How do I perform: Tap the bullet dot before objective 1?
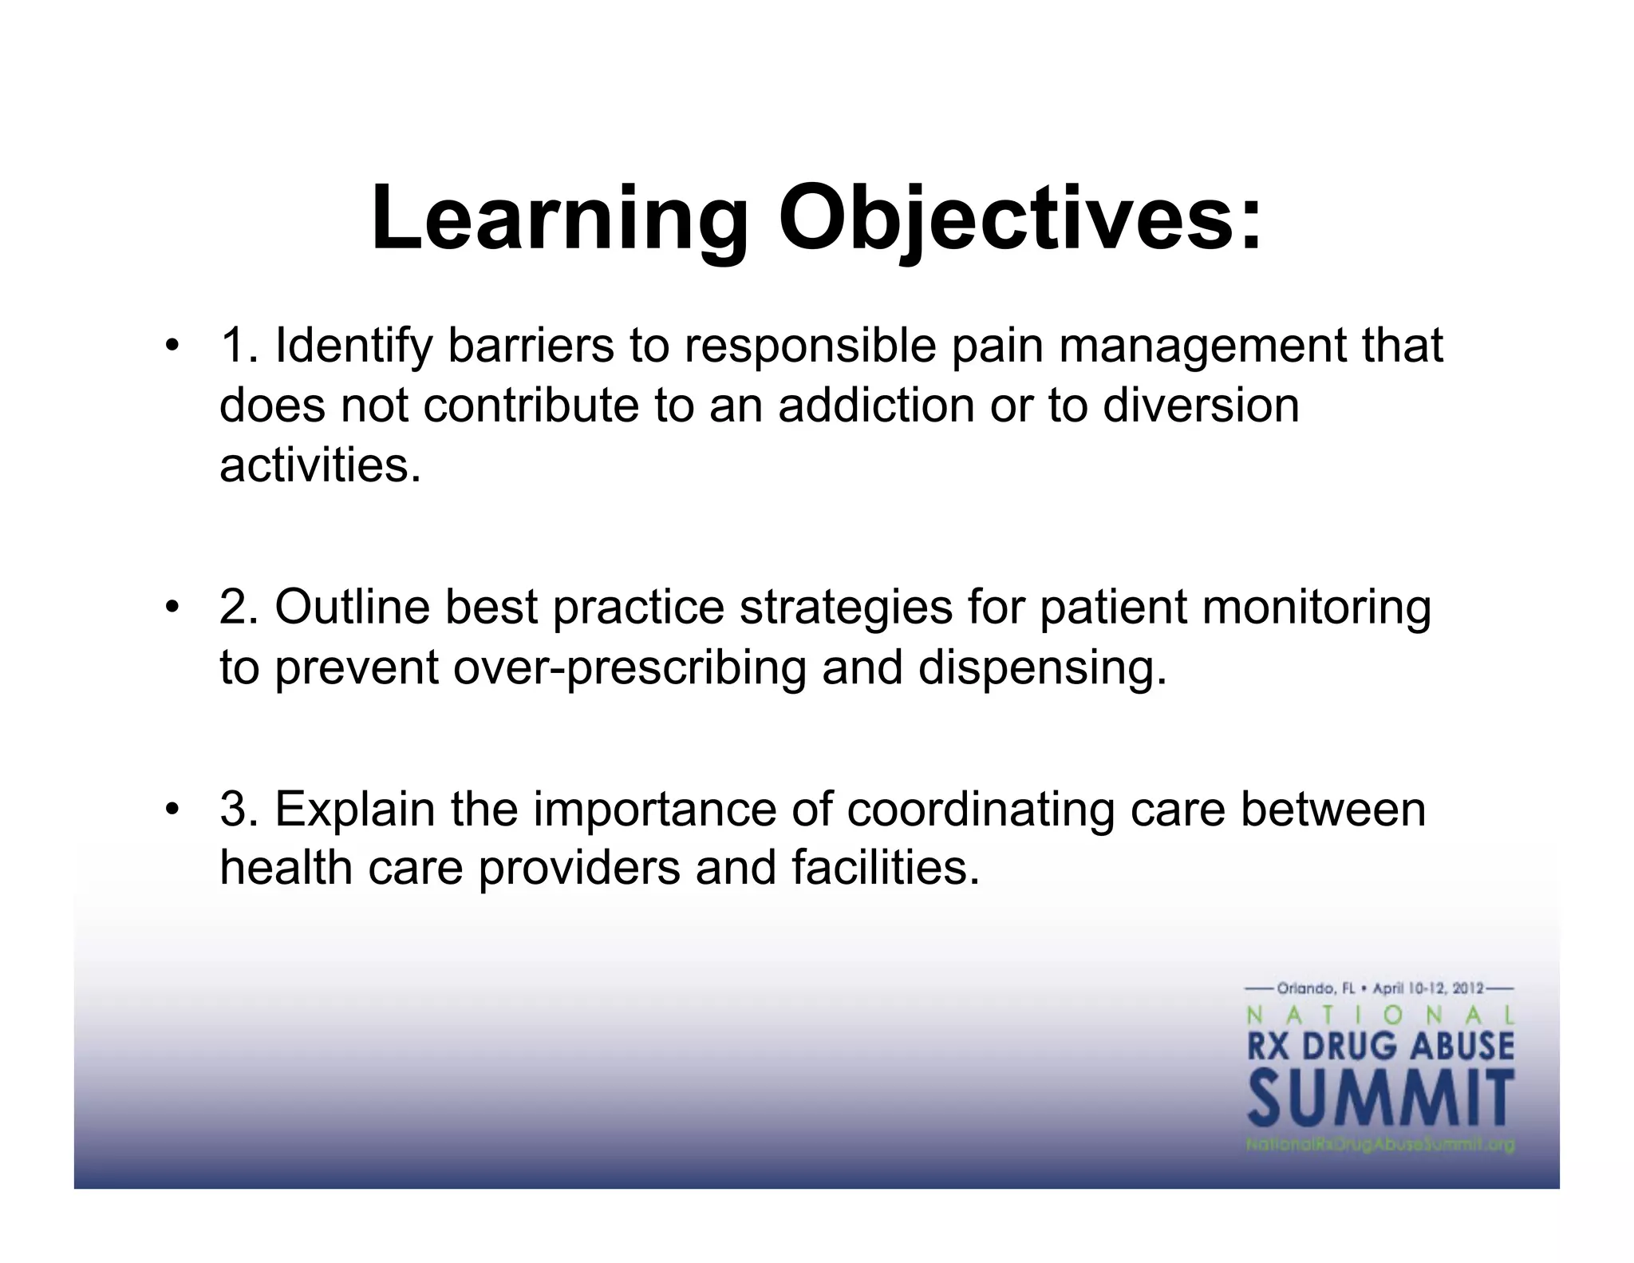(x=170, y=346)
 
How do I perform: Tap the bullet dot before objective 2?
(x=170, y=608)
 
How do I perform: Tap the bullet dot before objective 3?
(x=170, y=810)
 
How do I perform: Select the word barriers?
(x=531, y=346)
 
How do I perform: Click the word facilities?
(x=885, y=868)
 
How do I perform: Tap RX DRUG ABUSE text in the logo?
(x=1380, y=1045)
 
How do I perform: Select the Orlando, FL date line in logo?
(x=1380, y=988)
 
